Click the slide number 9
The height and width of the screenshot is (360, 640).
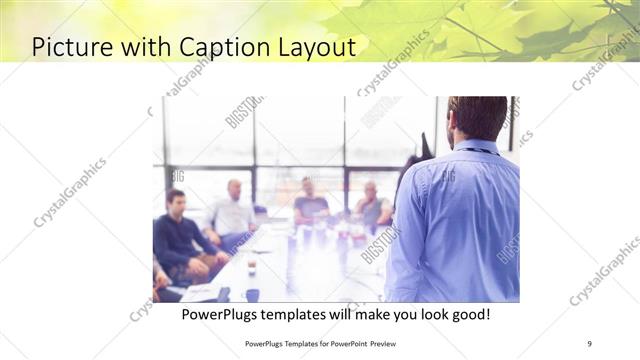(589, 343)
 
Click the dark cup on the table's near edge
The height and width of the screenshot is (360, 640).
(252, 294)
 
